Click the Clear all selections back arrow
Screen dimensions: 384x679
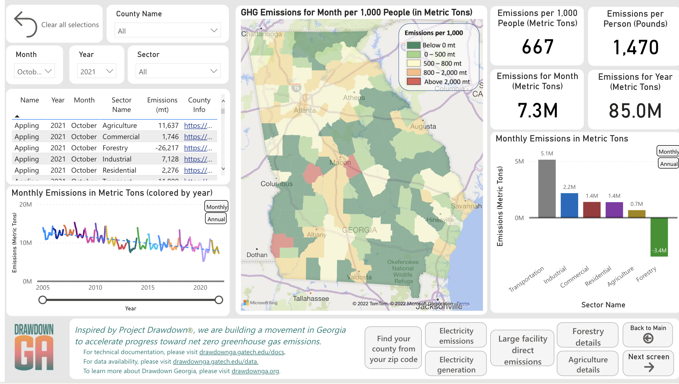point(25,24)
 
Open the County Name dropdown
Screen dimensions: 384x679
point(168,31)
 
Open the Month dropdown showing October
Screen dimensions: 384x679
point(34,71)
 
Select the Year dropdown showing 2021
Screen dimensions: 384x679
point(97,71)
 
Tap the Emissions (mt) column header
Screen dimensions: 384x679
point(162,105)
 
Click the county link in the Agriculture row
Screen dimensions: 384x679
point(198,126)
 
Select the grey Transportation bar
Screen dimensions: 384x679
point(547,188)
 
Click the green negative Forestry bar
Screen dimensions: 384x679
point(659,237)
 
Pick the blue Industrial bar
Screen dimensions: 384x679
point(569,205)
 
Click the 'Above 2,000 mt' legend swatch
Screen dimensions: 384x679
point(414,82)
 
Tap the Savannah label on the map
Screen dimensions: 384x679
point(466,206)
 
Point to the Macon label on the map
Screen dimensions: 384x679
point(340,162)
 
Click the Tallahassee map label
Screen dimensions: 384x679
point(311,299)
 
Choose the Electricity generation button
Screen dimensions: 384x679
point(456,364)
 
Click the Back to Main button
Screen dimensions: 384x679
point(648,334)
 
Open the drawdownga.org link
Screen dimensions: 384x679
point(255,371)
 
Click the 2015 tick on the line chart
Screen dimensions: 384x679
point(148,288)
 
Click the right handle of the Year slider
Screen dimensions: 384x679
point(219,300)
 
